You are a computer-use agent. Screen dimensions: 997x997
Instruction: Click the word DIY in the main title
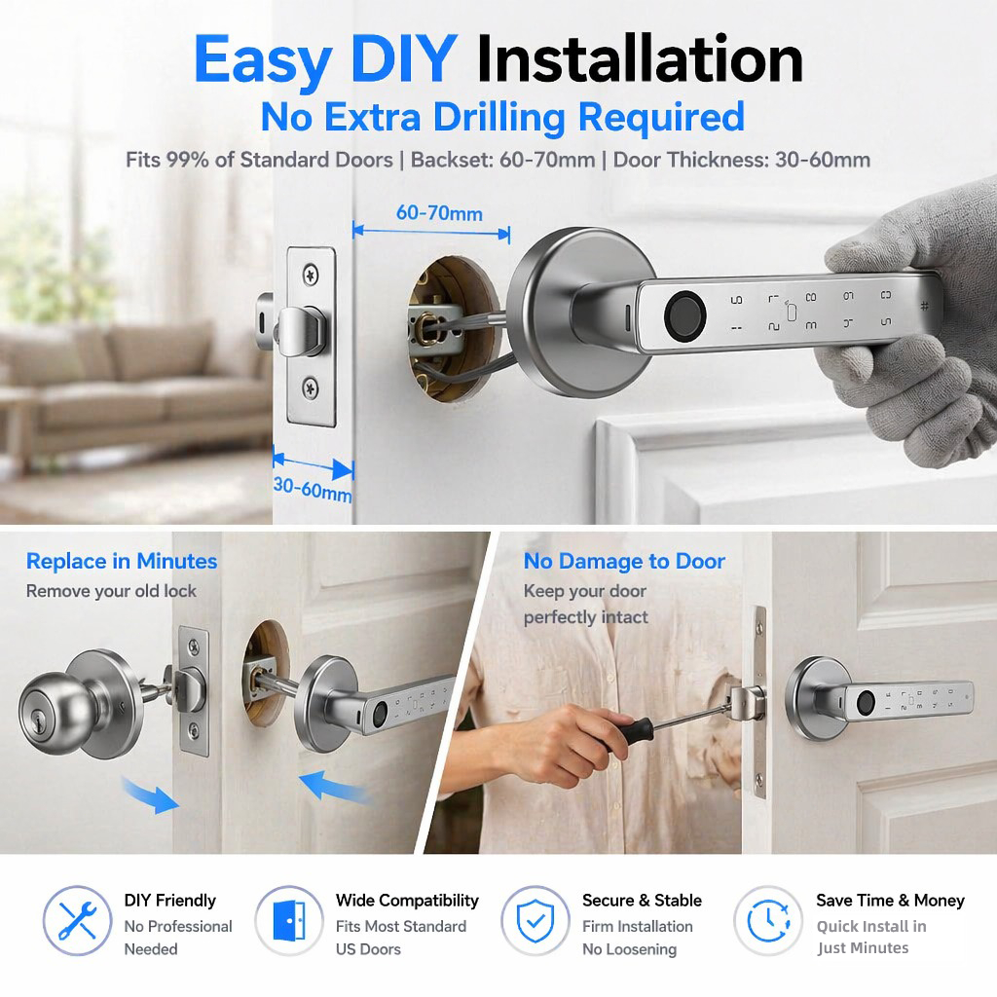point(404,58)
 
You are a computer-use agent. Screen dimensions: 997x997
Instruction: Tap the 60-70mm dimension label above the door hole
point(439,213)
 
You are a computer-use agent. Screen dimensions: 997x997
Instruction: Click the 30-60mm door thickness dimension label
point(313,489)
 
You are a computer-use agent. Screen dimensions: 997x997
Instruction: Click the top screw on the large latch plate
point(311,275)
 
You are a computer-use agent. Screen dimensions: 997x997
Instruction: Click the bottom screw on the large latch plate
point(311,388)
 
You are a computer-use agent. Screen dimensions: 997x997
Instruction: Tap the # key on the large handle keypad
point(924,306)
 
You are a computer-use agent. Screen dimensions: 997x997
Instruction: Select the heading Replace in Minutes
point(122,562)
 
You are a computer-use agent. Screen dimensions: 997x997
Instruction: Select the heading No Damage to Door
point(624,562)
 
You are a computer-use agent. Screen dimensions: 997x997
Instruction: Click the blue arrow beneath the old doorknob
point(150,794)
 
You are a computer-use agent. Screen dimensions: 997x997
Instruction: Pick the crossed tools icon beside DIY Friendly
point(77,920)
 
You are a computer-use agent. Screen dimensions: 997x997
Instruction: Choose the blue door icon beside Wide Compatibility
point(288,920)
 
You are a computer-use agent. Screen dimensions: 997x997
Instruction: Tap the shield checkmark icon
point(535,921)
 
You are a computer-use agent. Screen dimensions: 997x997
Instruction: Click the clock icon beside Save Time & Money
point(768,920)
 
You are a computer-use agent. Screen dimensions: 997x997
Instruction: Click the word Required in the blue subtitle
point(661,117)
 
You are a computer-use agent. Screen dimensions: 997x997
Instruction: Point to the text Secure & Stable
point(642,901)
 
